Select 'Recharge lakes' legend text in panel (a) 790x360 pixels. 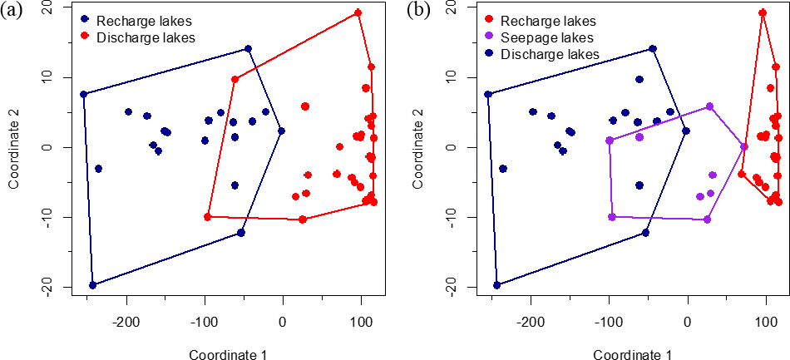point(135,20)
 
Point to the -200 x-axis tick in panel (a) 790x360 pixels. point(126,322)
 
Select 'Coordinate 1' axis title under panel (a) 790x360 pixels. point(228,354)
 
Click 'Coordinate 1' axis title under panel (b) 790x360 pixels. point(633,354)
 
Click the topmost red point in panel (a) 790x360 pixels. point(358,12)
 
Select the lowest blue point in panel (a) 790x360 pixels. point(92,285)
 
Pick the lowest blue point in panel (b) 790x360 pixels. point(497,285)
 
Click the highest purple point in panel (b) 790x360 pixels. point(709,106)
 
